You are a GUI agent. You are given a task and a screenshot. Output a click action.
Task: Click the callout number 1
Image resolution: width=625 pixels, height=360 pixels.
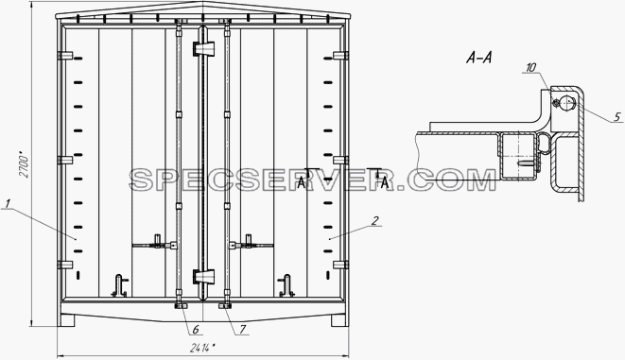(x=9, y=204)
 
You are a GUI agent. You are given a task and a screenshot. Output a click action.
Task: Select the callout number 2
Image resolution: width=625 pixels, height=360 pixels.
(x=374, y=220)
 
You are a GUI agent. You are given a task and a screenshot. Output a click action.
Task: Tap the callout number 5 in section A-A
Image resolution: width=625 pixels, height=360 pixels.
(x=617, y=116)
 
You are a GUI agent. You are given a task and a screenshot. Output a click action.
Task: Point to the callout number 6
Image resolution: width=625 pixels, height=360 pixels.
(x=196, y=330)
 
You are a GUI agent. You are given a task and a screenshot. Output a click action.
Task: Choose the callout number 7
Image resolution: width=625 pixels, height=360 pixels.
(x=243, y=330)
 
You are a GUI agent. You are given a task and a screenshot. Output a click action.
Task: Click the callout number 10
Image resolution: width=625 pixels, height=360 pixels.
(x=531, y=68)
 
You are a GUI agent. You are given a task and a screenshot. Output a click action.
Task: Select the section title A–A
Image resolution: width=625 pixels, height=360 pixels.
(x=478, y=59)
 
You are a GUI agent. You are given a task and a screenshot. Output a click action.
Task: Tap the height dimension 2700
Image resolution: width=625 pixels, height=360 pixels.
(x=25, y=163)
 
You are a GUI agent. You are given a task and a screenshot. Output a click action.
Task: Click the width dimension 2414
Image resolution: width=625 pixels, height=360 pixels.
(x=203, y=348)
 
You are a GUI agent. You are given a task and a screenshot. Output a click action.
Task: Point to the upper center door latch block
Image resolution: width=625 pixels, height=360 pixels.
(x=203, y=48)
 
